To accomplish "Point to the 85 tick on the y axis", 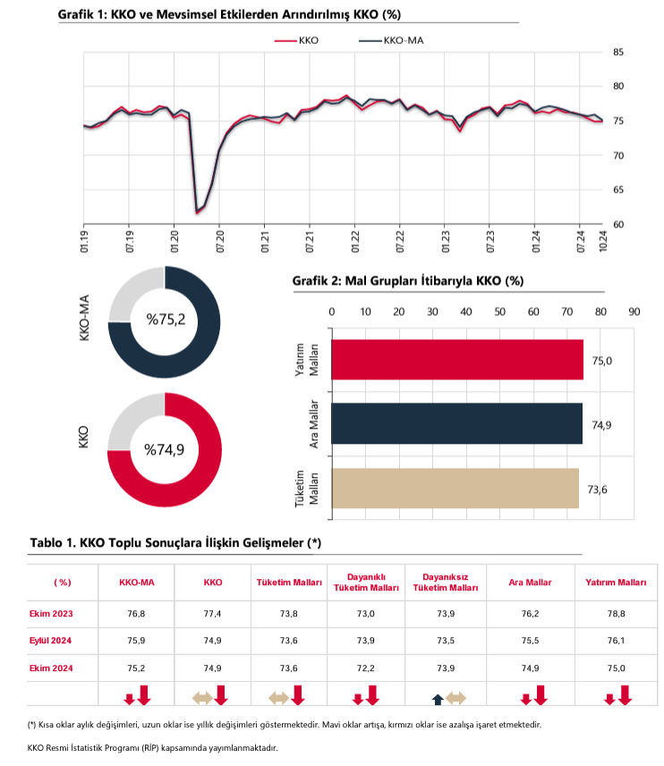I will [618, 52].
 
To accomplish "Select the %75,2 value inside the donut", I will [165, 318].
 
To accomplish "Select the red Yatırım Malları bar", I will [456, 359].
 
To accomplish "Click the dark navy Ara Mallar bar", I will [456, 423].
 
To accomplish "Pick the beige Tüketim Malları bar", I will [455, 489].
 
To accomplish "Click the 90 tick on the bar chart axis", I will [634, 311].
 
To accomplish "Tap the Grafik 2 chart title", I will [407, 281].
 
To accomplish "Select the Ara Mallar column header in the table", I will [530, 583].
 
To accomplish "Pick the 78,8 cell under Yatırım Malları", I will [616, 613].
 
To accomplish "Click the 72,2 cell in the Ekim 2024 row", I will [366, 668].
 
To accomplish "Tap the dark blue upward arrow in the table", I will [438, 699].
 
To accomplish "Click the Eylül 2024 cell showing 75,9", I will [136, 641].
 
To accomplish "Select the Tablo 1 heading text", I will [175, 542].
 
